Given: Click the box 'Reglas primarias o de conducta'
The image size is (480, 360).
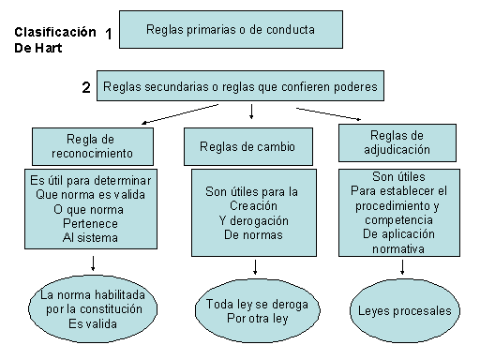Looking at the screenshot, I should [x=230, y=30].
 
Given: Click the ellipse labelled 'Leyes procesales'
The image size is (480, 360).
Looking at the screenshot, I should [x=404, y=309].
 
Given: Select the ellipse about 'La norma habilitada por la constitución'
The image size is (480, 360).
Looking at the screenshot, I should [x=91, y=307].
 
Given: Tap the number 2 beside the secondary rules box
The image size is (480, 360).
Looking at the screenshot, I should [x=86, y=88].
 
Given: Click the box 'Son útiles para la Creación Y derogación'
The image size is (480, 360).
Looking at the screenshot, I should [x=252, y=213].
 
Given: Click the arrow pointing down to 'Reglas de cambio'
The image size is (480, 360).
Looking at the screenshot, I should [x=251, y=112].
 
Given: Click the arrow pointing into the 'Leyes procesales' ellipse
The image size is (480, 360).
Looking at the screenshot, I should [x=403, y=266].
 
